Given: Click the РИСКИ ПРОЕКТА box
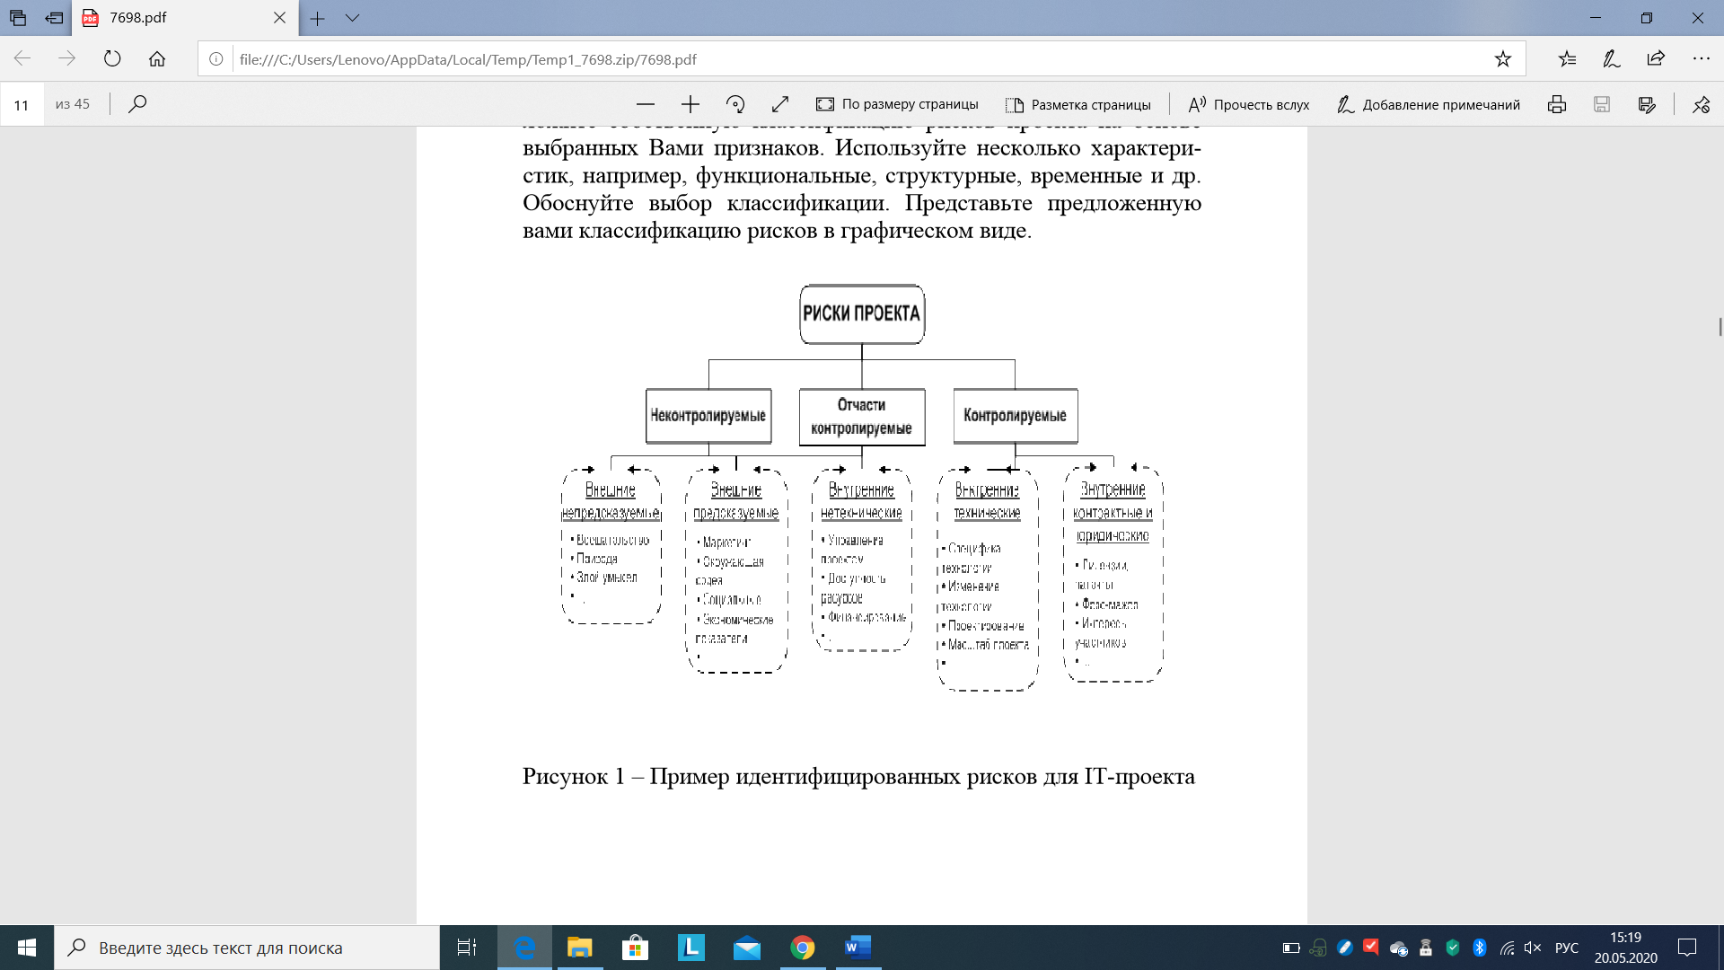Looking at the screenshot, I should point(862,314).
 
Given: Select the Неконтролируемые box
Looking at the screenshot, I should point(708,416).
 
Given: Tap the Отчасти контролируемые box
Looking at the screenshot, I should point(862,417).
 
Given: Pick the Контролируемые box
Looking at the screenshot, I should point(1016,416).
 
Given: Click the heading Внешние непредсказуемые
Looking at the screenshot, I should point(611,501).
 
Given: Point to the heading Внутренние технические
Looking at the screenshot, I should point(987,501).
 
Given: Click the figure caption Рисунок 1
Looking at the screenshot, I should point(858,776).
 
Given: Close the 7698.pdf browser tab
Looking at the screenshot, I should point(279,18).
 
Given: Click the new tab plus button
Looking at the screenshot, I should point(318,18).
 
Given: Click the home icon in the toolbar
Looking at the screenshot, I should point(157,59).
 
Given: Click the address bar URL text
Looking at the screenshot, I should point(468,59).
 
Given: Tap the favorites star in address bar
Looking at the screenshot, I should point(1502,59).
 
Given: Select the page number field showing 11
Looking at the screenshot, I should point(22,104).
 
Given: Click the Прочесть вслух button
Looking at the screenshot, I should point(1249,104).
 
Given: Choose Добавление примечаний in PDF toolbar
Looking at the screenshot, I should point(1429,104).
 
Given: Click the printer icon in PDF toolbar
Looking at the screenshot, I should point(1557,104).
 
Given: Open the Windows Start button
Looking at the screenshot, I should point(27,948).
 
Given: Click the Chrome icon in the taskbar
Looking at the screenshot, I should point(802,948).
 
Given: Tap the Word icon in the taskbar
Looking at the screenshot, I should point(858,948).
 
